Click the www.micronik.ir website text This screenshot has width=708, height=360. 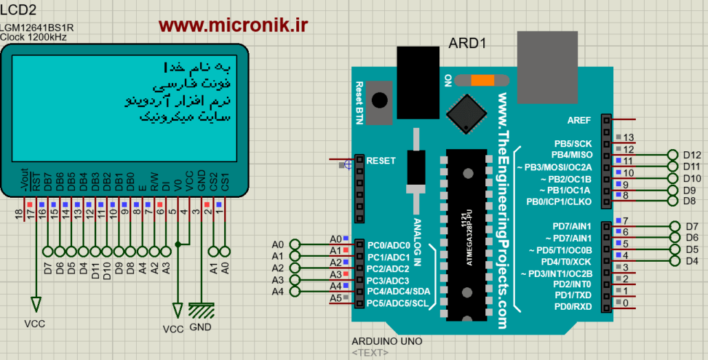[x=233, y=25]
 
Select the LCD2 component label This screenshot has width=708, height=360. [x=19, y=10]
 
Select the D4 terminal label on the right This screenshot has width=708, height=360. [x=692, y=261]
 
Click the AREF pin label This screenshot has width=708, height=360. [x=579, y=120]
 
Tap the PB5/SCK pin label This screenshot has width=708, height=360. [x=573, y=144]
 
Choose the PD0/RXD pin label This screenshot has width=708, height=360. [x=573, y=306]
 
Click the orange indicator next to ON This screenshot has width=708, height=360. [x=481, y=80]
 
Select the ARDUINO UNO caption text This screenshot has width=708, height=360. [x=386, y=341]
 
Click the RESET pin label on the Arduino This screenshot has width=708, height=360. [x=381, y=161]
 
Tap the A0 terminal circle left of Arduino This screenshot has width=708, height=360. [x=296, y=245]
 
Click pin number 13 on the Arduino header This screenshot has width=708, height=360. [x=628, y=137]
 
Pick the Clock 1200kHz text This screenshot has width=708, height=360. [x=34, y=37]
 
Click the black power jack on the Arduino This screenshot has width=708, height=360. [x=418, y=71]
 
